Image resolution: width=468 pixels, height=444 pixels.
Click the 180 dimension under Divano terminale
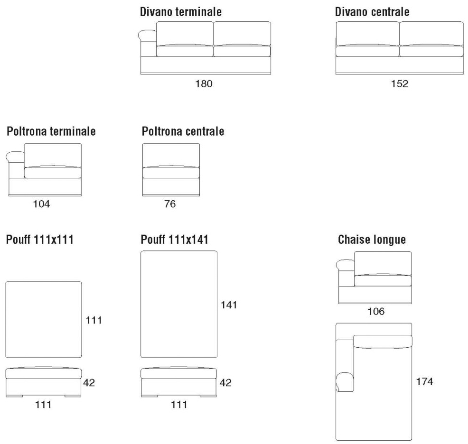click(x=205, y=83)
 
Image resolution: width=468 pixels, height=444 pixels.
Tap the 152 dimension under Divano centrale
click(x=400, y=83)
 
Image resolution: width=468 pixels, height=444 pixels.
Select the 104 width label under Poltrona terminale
click(x=42, y=204)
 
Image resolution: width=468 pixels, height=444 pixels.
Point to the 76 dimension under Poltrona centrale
click(x=170, y=204)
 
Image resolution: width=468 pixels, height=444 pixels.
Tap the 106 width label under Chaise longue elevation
click(x=375, y=312)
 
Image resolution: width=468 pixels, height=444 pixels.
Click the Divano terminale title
click(x=180, y=12)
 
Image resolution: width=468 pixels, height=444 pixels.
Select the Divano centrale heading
click(x=372, y=12)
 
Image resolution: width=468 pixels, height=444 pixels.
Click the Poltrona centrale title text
click(x=183, y=131)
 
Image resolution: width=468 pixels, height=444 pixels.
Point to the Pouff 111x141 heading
click(x=175, y=240)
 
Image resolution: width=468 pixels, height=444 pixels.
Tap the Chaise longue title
click(x=372, y=240)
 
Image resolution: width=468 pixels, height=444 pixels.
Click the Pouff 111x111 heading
click(x=40, y=240)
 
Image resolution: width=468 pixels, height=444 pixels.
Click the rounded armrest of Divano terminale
click(x=148, y=35)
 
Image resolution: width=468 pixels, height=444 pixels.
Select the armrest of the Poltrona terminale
click(x=15, y=157)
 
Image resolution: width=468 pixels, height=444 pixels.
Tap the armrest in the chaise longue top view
click(x=345, y=381)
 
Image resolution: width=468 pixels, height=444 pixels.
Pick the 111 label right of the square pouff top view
click(x=94, y=321)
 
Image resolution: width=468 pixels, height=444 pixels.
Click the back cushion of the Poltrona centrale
click(x=171, y=155)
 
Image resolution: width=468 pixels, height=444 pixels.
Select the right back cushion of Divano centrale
click(x=431, y=34)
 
